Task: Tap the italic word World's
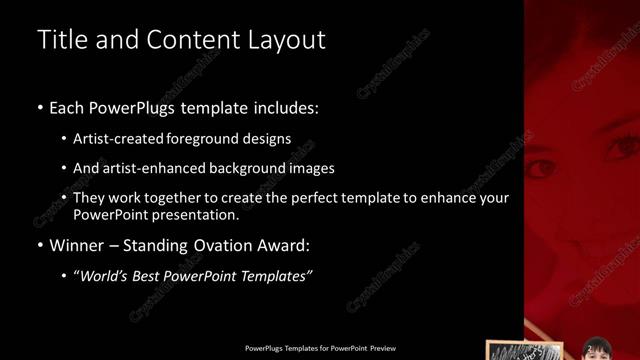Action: pyautogui.click(x=108, y=276)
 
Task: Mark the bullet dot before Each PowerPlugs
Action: pyautogui.click(x=39, y=107)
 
